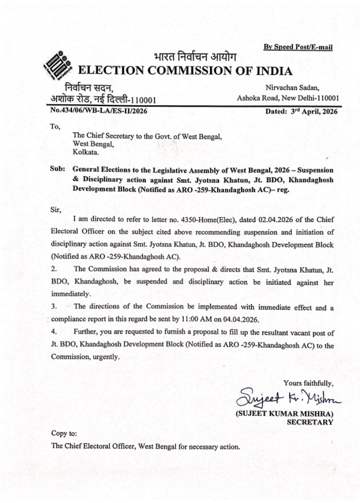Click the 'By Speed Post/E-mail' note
(x=298, y=47)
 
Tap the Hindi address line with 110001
(x=104, y=100)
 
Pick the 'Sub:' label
(x=58, y=170)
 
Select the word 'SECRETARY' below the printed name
(x=310, y=422)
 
